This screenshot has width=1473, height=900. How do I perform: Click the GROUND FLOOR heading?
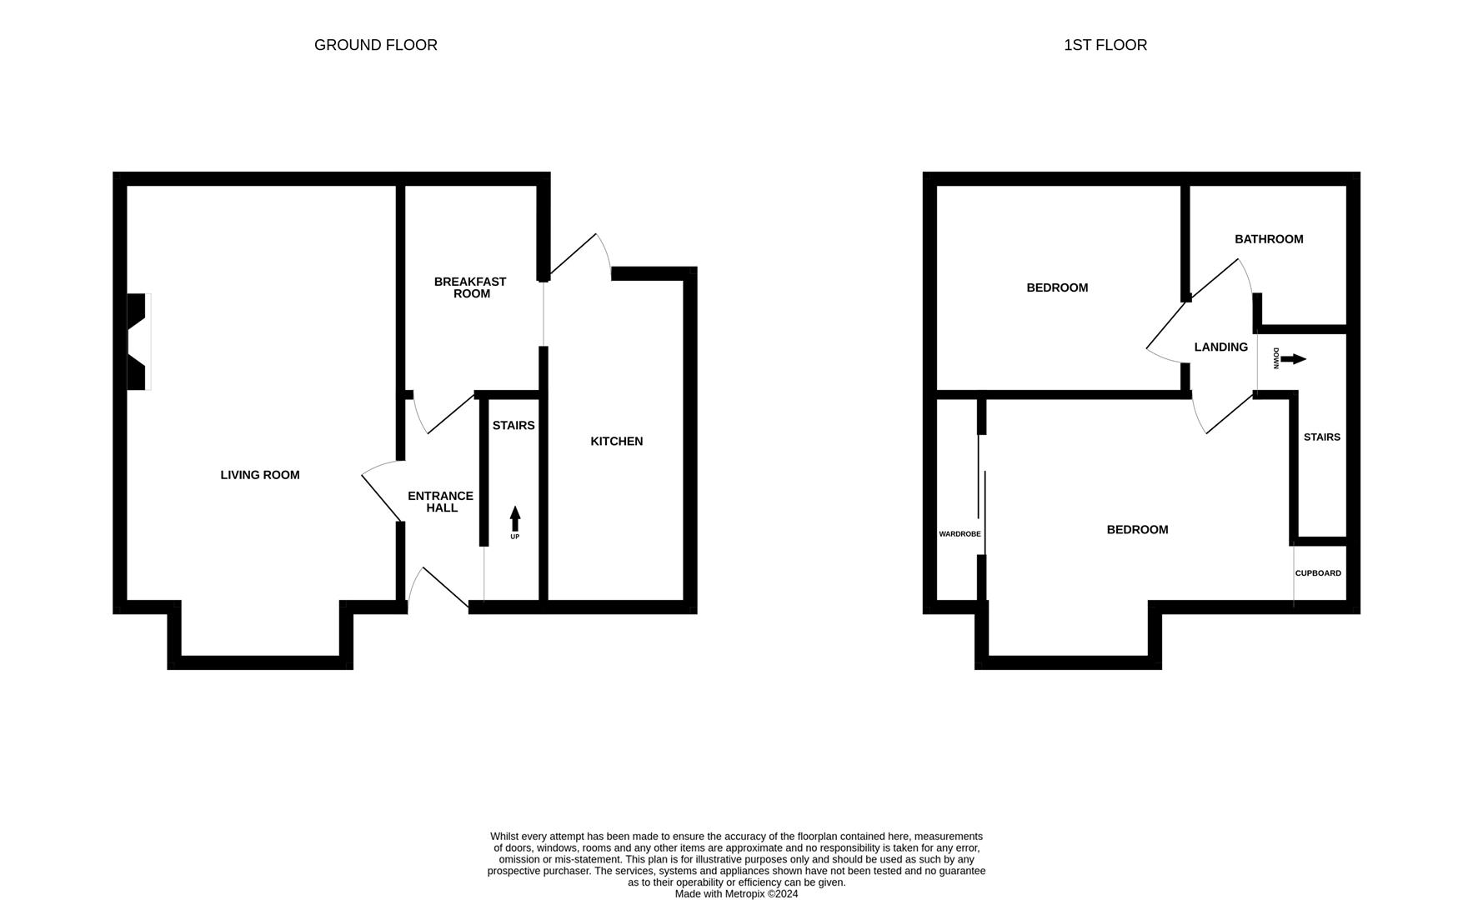375,45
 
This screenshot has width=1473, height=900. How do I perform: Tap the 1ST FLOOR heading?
1105,45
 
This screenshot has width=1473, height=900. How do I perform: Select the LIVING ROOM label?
259,475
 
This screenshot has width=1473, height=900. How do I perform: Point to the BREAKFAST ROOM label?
470,287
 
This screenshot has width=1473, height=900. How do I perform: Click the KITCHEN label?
616,442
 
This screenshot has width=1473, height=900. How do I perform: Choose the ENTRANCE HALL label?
440,502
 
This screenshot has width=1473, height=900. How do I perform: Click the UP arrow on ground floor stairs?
514,518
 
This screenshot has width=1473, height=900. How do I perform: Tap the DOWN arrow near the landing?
1293,359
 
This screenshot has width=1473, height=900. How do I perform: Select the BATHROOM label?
1269,239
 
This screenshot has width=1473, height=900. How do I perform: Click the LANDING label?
1220,347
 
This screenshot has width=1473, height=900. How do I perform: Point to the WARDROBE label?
959,534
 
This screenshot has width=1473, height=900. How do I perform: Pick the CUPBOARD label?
1318,573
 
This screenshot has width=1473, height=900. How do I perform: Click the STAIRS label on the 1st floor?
1321,437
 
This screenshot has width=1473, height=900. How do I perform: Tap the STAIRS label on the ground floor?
513,426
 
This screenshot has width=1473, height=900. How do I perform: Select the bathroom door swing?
1221,279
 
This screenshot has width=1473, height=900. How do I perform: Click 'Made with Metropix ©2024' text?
736,894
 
